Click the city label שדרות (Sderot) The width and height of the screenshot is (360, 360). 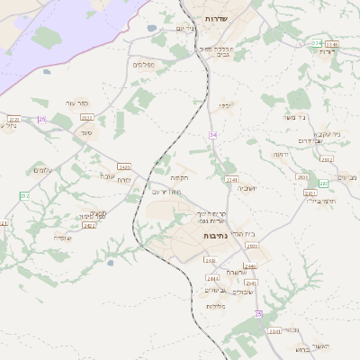[214, 18]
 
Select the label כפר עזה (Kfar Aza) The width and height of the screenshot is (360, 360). [77, 103]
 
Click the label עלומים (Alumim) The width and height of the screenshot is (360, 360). [43, 170]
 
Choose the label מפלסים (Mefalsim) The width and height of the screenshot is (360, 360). [144, 65]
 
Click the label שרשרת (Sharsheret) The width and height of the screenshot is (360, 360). [236, 272]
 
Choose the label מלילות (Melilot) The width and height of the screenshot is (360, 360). [215, 306]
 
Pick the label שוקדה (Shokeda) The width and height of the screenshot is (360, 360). [62, 238]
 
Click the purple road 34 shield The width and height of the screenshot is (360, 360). [212, 134]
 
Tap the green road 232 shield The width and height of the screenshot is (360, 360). [24, 195]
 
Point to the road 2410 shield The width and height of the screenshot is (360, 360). [123, 166]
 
